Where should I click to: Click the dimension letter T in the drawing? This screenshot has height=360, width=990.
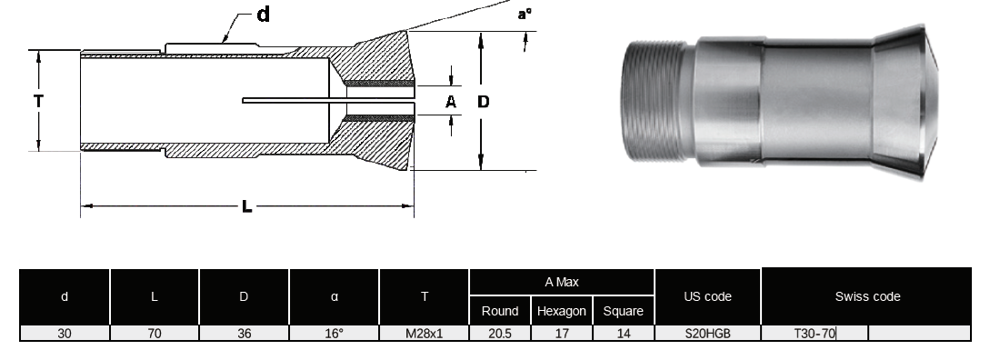point(38,101)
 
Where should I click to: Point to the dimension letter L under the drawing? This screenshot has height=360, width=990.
point(247,206)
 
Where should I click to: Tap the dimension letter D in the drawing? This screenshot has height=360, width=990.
point(483,102)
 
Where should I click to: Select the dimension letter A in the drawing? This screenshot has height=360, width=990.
point(451,102)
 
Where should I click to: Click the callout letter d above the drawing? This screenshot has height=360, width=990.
point(264,14)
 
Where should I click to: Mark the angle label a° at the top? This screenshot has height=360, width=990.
point(525,14)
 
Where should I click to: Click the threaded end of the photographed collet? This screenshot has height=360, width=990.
point(656,101)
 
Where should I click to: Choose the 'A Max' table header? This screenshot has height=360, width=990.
point(561,283)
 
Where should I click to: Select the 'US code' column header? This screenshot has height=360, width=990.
point(707,297)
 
